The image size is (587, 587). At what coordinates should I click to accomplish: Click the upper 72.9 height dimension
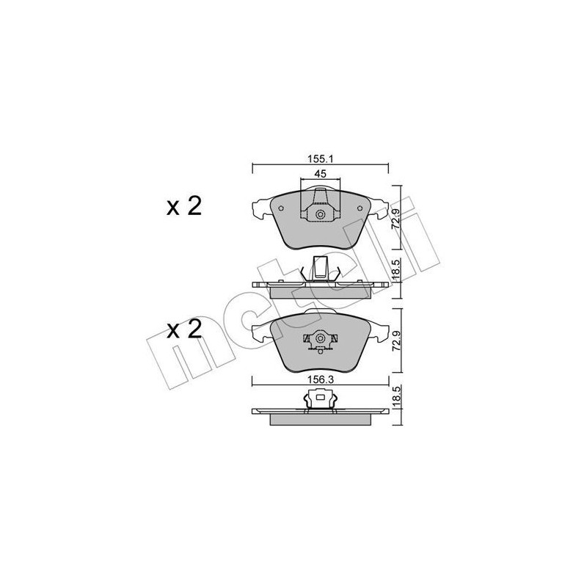[397, 217]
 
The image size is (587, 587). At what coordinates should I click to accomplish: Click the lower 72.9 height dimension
[397, 342]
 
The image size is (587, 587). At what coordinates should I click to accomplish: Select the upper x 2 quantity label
[183, 208]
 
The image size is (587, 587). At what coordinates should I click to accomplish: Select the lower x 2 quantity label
[183, 330]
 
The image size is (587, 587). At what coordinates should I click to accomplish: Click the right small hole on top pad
[360, 208]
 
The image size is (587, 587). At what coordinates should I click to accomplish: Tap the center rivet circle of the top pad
[320, 214]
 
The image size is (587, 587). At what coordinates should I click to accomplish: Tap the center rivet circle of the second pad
[320, 340]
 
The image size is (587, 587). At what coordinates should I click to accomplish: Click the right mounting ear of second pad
[379, 334]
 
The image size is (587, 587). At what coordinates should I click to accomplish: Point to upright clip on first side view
[320, 267]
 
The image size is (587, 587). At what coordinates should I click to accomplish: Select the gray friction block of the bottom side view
[320, 420]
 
